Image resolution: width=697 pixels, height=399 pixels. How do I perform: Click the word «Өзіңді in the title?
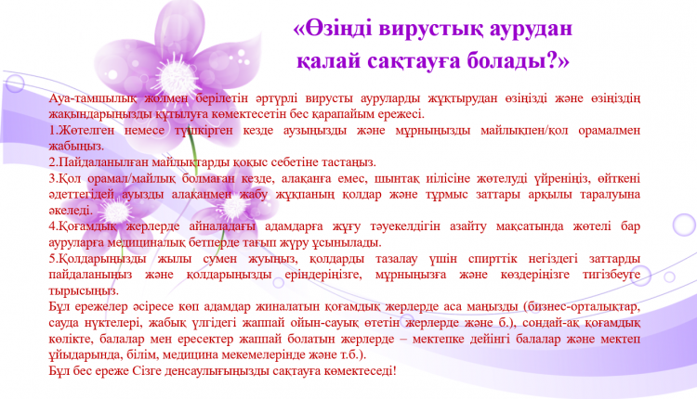pos(333,29)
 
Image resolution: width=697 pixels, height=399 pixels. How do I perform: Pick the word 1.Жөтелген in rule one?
pos(82,131)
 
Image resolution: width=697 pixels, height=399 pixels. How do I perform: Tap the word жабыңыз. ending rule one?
pos(76,146)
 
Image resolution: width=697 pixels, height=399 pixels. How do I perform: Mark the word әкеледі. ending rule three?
pos(72,210)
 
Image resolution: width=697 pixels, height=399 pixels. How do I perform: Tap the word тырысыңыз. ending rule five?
pos(84,290)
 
